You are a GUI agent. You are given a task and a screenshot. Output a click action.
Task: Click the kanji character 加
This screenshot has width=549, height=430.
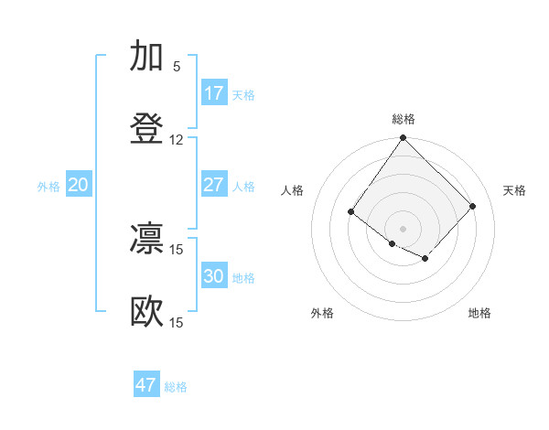[146, 56]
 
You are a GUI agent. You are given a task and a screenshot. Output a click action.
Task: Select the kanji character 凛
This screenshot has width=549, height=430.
[146, 239]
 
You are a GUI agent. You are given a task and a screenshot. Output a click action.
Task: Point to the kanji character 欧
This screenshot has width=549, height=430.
[146, 312]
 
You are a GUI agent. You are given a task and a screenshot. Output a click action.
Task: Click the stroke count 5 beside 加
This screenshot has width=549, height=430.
[177, 67]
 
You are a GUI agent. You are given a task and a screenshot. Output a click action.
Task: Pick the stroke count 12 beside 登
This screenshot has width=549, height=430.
[177, 140]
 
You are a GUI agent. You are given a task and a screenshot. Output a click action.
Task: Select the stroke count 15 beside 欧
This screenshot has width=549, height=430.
[177, 323]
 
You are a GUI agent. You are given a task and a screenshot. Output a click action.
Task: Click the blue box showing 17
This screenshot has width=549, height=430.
[213, 93]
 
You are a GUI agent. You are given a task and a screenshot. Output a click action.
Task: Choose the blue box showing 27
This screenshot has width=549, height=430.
[213, 185]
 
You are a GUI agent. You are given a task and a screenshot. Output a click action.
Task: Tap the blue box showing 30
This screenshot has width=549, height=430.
[213, 276]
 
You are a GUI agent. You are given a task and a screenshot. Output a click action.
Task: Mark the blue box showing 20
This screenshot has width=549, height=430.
[78, 185]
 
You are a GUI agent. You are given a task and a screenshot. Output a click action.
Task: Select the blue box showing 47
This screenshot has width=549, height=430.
[146, 385]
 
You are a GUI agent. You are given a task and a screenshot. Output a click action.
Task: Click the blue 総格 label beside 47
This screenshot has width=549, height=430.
[176, 387]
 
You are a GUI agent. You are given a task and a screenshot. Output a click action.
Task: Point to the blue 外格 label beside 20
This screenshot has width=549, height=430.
[48, 187]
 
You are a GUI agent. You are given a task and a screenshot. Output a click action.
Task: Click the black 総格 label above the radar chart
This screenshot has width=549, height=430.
[404, 119]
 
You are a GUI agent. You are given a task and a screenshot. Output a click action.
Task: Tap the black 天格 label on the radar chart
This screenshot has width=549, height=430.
[514, 190]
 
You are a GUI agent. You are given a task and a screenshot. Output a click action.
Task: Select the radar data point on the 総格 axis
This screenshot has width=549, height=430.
[404, 139]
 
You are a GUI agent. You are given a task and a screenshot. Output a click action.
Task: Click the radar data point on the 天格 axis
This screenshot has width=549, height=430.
[472, 206]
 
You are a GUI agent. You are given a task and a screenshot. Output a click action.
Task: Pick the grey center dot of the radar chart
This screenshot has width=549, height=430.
[404, 228]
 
